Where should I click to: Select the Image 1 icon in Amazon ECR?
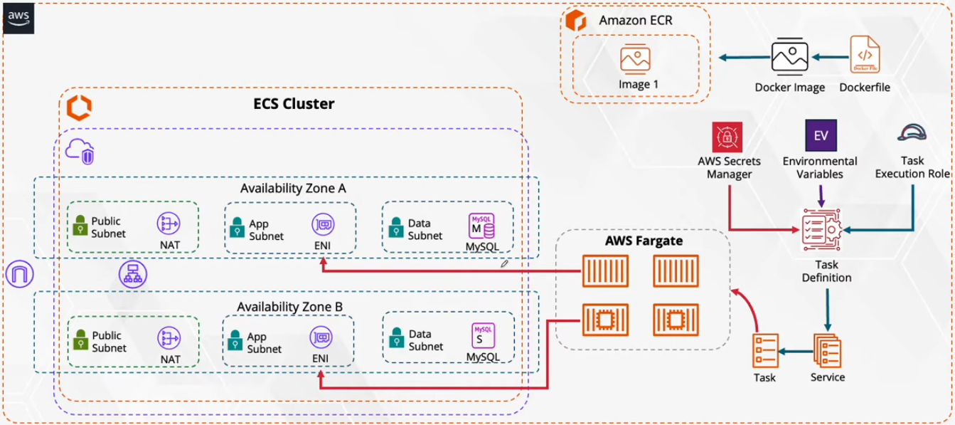(634, 59)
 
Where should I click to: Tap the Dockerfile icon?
(865, 55)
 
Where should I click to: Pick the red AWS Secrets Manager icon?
(727, 137)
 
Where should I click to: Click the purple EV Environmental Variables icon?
(821, 135)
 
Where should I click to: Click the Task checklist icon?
(765, 350)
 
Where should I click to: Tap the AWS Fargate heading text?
(644, 241)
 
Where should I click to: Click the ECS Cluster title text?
(294, 104)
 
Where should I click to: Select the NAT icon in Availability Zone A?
(169, 224)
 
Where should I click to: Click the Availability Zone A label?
(293, 189)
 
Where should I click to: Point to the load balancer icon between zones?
(133, 274)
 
